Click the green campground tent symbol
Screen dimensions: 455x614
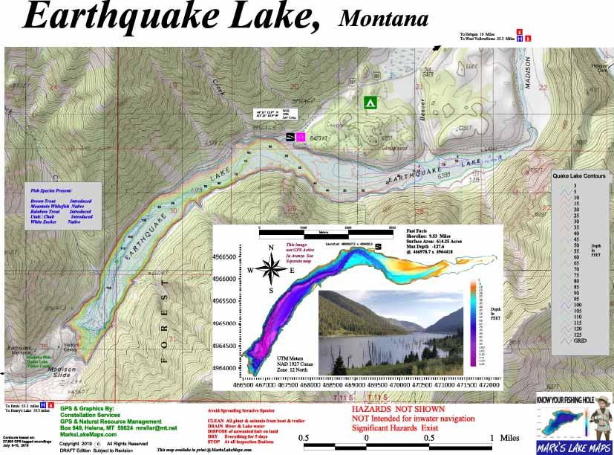tap(368, 102)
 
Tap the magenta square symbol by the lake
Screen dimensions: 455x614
tap(301, 137)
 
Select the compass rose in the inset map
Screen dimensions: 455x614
tap(272, 269)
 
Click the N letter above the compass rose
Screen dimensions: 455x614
tap(272, 248)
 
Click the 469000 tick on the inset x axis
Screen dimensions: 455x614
tap(377, 385)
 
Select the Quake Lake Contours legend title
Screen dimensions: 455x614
tap(579, 176)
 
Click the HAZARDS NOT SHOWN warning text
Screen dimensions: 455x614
tap(398, 410)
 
